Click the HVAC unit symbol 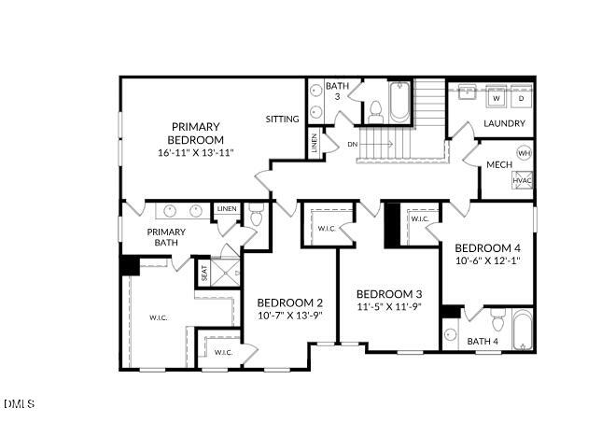tap(522, 180)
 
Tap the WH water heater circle tap(524, 153)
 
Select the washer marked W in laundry tap(497, 97)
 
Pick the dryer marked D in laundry tap(521, 97)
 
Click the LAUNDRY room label tap(504, 123)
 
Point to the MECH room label tap(497, 165)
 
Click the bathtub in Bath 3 tap(399, 103)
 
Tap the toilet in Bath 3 tap(375, 111)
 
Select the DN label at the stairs tap(352, 145)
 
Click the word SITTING tap(282, 120)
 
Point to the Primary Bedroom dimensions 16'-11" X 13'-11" tap(195, 151)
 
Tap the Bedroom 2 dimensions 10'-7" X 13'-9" tap(289, 316)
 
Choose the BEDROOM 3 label tap(389, 292)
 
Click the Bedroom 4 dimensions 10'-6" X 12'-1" tap(486, 260)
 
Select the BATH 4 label tap(483, 341)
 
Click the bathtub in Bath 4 tap(521, 328)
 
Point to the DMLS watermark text tap(19, 403)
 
